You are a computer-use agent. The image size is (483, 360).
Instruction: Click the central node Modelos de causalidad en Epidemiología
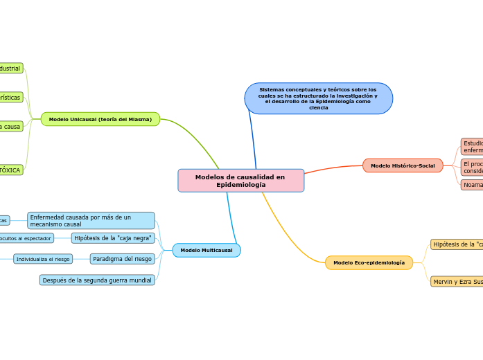(x=240, y=180)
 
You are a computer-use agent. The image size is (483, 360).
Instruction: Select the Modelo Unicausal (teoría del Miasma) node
(x=100, y=119)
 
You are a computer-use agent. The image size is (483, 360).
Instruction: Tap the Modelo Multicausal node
(x=206, y=250)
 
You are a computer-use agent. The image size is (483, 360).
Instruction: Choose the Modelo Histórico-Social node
(x=403, y=165)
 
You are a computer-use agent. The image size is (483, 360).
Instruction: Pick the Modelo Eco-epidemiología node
(x=369, y=263)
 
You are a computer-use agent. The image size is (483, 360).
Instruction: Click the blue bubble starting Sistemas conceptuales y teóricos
(x=318, y=98)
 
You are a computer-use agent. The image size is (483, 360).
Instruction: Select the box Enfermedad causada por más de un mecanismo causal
(x=91, y=221)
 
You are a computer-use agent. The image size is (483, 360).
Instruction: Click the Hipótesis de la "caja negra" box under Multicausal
(x=113, y=238)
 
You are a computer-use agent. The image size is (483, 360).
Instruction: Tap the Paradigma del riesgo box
(x=122, y=259)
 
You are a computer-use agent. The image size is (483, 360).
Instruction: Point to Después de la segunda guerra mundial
(x=96, y=280)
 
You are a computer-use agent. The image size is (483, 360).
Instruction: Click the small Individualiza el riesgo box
(x=42, y=259)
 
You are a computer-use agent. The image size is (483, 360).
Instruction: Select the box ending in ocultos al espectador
(x=26, y=238)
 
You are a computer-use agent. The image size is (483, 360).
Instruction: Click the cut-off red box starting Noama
(x=472, y=185)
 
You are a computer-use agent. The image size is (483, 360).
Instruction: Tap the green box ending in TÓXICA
(x=10, y=170)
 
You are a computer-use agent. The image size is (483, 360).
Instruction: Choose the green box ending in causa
(x=10, y=127)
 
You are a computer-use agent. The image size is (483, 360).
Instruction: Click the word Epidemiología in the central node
(x=240, y=185)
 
